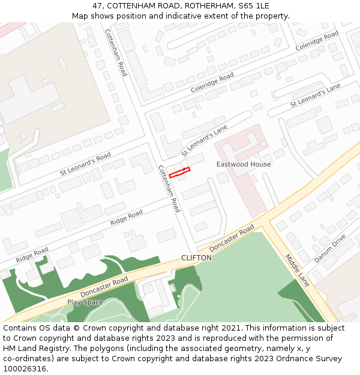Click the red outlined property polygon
coord(179,173)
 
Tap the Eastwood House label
coord(244,164)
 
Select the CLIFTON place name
coord(196,258)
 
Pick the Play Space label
coord(85,302)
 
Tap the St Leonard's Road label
coord(85,164)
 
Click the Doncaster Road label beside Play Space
coord(104,287)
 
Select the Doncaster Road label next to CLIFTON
coord(232,239)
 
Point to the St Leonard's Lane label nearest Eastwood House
coord(205,140)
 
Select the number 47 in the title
coord(98,6)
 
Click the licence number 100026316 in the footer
coord(25,369)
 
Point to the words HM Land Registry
coord(31,349)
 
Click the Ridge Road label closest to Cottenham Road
coord(127,218)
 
